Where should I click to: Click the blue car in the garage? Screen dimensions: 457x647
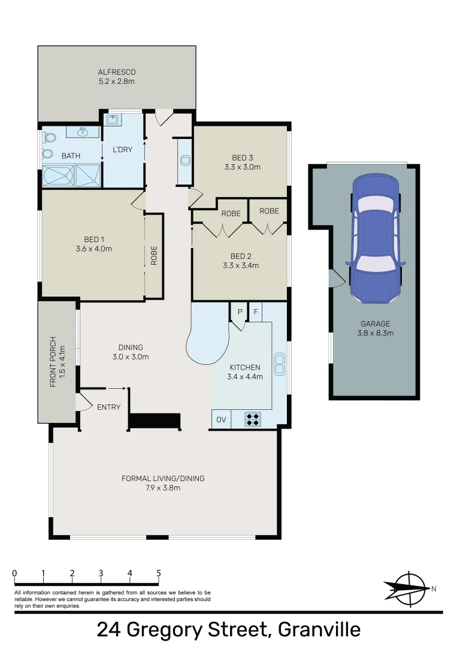coord(376,238)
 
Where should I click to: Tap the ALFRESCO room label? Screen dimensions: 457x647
coord(117,72)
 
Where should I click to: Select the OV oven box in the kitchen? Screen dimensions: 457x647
coord(222,419)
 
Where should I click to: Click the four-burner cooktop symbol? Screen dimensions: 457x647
coord(253,419)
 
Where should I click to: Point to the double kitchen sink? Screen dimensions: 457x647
coord(279,364)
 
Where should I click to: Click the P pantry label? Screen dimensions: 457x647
coord(240,312)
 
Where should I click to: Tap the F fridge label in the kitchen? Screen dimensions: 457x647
coord(256,312)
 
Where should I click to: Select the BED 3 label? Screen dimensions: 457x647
coord(243,158)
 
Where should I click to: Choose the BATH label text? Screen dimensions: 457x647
coord(71,156)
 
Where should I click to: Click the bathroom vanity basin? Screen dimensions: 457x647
coord(84,132)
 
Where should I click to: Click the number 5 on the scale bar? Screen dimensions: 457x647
coord(159,573)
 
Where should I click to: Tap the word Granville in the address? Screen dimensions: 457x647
coord(319,630)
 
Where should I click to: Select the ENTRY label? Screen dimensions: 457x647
coord(109,407)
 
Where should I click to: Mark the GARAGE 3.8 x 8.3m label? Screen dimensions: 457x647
coord(376,328)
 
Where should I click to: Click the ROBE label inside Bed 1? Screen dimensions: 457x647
coord(154,255)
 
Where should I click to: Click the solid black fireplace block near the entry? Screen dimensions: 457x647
coord(155,421)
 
